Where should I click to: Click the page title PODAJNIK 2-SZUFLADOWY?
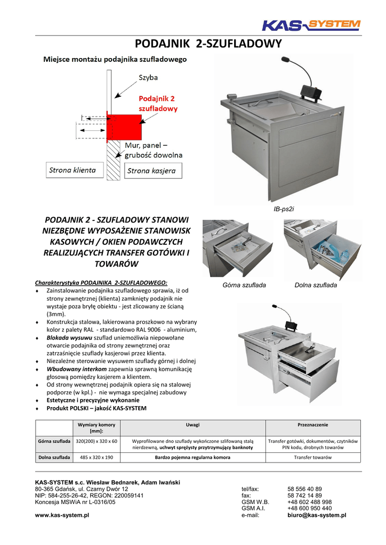coord(208,44)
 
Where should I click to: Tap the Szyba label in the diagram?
coord(148,78)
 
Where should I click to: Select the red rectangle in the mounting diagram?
coord(125,126)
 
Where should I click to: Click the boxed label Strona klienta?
coord(73,170)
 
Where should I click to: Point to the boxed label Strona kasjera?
coord(154,171)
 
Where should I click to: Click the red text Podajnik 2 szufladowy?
coord(158,103)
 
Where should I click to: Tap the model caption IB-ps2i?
coord(284,209)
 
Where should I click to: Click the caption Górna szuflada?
coord(244,285)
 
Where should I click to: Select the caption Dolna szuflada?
coord(316,285)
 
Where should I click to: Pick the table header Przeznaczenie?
coord(313,425)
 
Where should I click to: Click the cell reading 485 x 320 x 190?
coord(96,457)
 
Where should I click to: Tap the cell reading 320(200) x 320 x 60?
coord(96,441)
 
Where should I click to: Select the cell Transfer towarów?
coord(313,457)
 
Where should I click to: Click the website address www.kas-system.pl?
coord(62,515)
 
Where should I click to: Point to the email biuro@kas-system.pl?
coord(317,515)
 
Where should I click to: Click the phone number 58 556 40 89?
coord(304,489)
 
